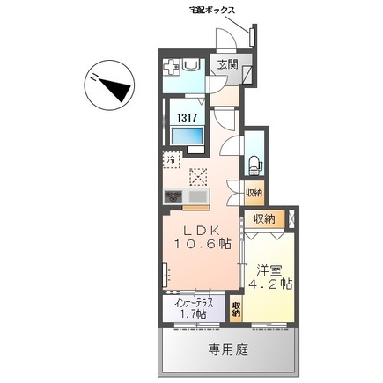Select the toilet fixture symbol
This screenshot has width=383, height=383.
pos(254,162)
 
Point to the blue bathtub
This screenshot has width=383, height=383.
pos(186,136)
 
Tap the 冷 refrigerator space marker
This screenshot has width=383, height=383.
pos(173,161)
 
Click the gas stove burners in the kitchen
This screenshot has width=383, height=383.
pos(172,195)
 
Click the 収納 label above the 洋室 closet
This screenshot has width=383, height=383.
pos(264,217)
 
